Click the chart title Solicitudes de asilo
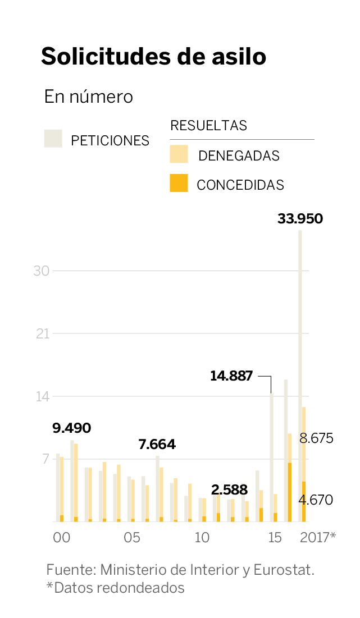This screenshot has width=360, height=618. [x=153, y=57]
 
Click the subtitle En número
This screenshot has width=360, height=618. [x=89, y=97]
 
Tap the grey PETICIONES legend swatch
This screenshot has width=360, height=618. [x=53, y=138]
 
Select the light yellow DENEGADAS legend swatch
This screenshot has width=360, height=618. [x=179, y=154]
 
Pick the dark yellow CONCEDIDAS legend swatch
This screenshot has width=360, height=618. [x=179, y=183]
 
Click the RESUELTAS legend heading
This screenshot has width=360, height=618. [x=208, y=126]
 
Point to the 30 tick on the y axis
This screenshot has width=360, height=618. [x=42, y=271]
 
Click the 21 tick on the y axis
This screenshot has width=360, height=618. [x=42, y=334]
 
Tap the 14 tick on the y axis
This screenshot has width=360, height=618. [x=42, y=397]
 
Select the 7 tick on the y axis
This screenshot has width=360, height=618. [x=45, y=460]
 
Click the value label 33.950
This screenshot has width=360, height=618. [x=300, y=219]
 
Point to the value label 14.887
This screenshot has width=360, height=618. [x=231, y=376]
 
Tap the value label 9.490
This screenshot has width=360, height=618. [x=71, y=428]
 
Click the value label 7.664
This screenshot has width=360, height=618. [x=157, y=445]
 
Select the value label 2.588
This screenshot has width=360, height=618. [x=229, y=489]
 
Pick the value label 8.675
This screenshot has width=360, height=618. [x=317, y=438]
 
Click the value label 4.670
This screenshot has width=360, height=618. [x=317, y=500]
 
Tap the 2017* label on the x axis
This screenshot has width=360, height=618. [x=318, y=537]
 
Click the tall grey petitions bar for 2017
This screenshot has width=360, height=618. [x=300, y=337]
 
